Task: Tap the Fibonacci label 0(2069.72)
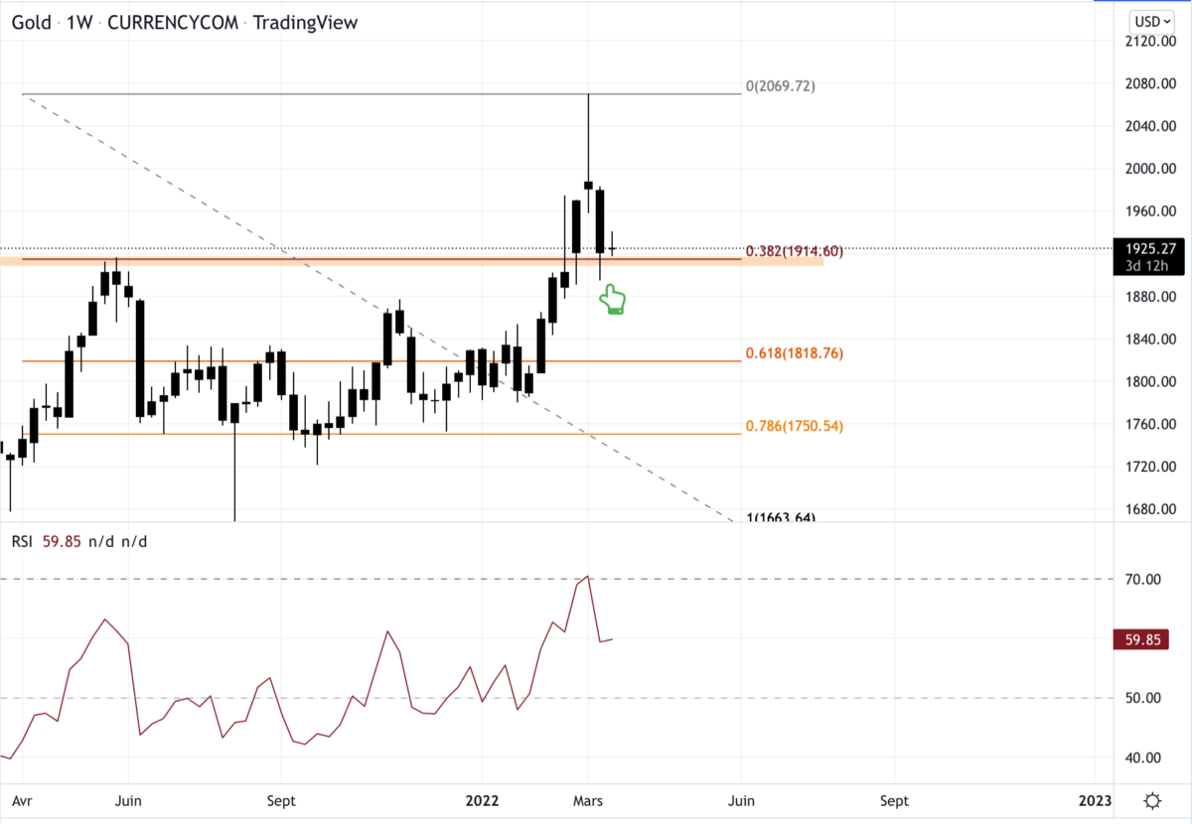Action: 780,86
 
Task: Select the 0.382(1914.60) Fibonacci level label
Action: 794,251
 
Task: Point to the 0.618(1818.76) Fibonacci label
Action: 794,352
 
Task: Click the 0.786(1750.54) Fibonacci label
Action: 794,426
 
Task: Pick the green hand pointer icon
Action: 613,300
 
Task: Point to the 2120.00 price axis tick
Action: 1151,41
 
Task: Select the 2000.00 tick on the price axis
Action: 1151,169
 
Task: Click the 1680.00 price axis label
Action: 1151,509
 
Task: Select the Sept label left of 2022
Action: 281,800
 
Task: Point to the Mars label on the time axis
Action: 588,800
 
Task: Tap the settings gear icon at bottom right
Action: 1152,800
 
